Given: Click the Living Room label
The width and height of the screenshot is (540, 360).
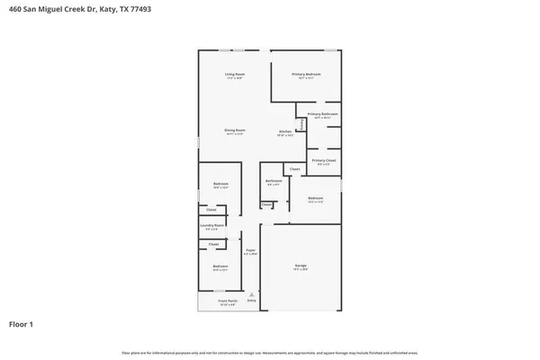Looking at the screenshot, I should [235, 74].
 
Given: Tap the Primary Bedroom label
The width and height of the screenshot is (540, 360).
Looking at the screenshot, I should [306, 74].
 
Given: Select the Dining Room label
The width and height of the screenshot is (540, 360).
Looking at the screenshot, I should [235, 130].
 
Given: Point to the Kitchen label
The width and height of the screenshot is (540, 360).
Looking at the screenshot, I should [285, 131].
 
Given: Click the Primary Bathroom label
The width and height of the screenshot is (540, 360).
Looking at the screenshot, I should [322, 114].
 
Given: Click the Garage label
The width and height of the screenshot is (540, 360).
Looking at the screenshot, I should [301, 265].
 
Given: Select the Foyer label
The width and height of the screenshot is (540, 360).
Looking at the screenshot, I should [251, 251].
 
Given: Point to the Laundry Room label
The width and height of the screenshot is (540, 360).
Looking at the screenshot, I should [212, 226].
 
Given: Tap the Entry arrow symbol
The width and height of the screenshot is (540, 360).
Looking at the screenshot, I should [252, 294].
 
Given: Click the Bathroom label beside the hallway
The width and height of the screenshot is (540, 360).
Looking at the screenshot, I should [274, 181].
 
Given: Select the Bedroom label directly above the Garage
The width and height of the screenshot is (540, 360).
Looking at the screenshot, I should [315, 198].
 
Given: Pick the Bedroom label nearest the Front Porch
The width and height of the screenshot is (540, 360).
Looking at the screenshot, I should [220, 266].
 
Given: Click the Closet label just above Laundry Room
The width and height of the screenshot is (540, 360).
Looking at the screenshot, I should [211, 210].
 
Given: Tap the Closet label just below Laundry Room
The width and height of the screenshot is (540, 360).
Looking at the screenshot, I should [214, 244].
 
